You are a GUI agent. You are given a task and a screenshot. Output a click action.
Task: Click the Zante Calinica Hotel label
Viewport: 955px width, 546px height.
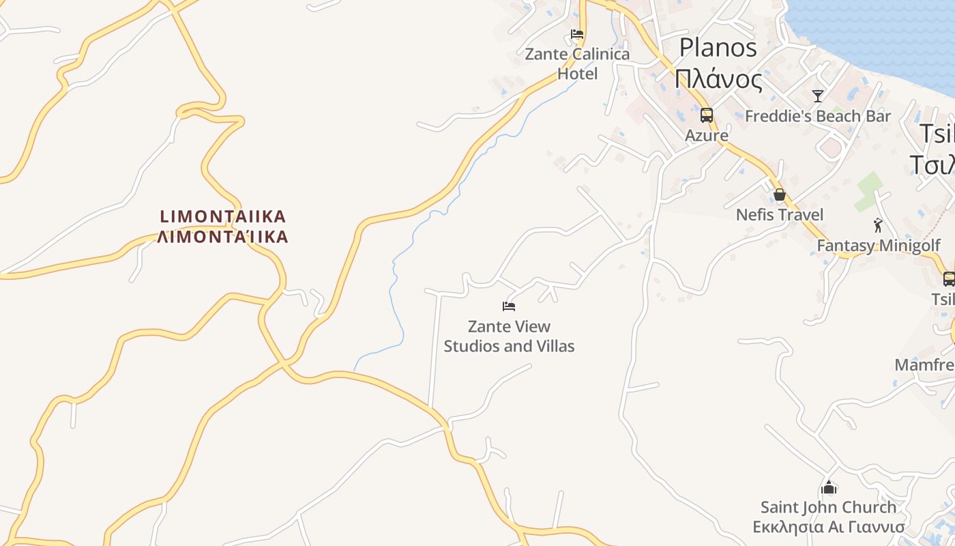pyautogui.click(x=577, y=63)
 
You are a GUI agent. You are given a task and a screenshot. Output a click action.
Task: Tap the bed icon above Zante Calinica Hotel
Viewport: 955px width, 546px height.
pyautogui.click(x=577, y=34)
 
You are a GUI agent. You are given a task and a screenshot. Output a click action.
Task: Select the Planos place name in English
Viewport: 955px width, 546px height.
pyautogui.click(x=718, y=47)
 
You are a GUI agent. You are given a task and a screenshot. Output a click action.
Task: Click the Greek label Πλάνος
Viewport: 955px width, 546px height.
pyautogui.click(x=718, y=79)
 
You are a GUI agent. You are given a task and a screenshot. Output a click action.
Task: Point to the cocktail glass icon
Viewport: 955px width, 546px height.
pyautogui.click(x=818, y=96)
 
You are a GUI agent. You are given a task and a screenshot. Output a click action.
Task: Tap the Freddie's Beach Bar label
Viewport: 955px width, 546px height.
pyautogui.click(x=818, y=116)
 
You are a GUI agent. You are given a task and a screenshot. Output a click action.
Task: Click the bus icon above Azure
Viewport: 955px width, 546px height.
pyautogui.click(x=707, y=115)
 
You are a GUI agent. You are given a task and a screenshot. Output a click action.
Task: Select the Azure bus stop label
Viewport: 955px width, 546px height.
pyautogui.click(x=707, y=135)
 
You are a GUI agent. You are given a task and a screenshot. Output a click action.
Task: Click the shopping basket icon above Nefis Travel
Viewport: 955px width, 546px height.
pyautogui.click(x=780, y=195)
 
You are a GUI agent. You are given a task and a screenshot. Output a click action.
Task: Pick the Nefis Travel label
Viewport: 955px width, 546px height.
pyautogui.click(x=780, y=215)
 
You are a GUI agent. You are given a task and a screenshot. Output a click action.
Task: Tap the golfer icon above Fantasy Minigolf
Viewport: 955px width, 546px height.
pyautogui.click(x=878, y=225)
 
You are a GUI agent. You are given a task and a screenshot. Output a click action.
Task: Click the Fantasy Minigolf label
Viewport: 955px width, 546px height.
pyautogui.click(x=879, y=246)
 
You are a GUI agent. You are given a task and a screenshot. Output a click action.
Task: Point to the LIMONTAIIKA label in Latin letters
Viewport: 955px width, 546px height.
pyautogui.click(x=223, y=217)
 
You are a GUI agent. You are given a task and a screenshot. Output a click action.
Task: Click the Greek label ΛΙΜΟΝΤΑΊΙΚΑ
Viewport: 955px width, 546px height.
pyautogui.click(x=223, y=238)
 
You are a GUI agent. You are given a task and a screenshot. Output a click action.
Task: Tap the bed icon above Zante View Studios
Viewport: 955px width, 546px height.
pyautogui.click(x=509, y=306)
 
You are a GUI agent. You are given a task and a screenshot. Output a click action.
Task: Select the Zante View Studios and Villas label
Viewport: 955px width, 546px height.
pyautogui.click(x=509, y=336)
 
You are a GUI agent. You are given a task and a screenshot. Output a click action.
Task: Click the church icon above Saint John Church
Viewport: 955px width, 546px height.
pyautogui.click(x=829, y=487)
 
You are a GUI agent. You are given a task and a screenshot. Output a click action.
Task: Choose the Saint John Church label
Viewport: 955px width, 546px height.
pyautogui.click(x=829, y=507)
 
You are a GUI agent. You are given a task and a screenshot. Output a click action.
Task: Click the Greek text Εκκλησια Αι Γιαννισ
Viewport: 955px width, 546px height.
pyautogui.click(x=829, y=527)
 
